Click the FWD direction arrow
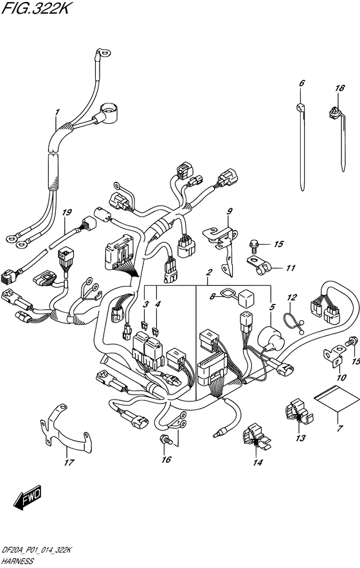tap(28, 499)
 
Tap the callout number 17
tap(69, 463)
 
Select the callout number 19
tap(67, 213)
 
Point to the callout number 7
tap(339, 429)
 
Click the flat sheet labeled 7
tap(334, 399)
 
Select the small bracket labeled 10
tap(334, 355)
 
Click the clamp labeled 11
tap(260, 265)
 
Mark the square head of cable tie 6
tap(300, 107)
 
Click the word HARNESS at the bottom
tap(17, 562)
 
